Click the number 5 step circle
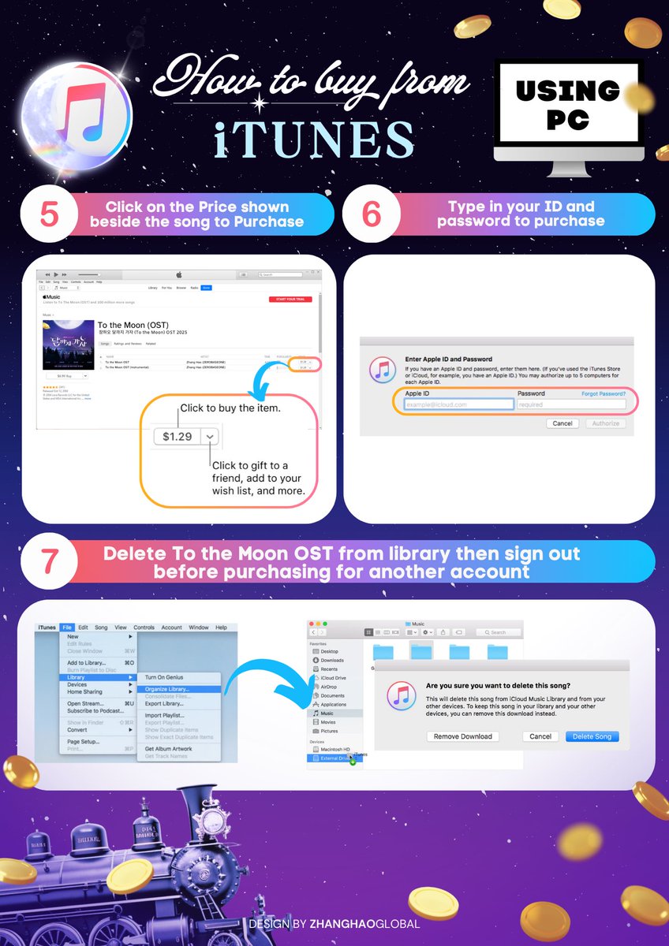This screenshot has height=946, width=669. [48, 214]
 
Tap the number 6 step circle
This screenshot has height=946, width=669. [373, 214]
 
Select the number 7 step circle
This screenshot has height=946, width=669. [48, 562]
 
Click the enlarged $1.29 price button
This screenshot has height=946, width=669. [177, 436]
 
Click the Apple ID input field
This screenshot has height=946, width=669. [459, 404]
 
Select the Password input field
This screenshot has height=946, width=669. [571, 404]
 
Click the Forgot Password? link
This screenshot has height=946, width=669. [604, 393]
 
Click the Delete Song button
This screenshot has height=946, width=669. [592, 736]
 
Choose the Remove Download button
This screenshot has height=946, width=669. [464, 736]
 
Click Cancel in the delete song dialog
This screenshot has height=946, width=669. [540, 736]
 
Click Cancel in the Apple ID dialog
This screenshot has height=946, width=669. [562, 423]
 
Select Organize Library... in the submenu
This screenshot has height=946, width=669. [167, 689]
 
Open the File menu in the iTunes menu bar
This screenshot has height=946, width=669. [67, 628]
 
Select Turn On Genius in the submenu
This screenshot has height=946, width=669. [164, 677]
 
